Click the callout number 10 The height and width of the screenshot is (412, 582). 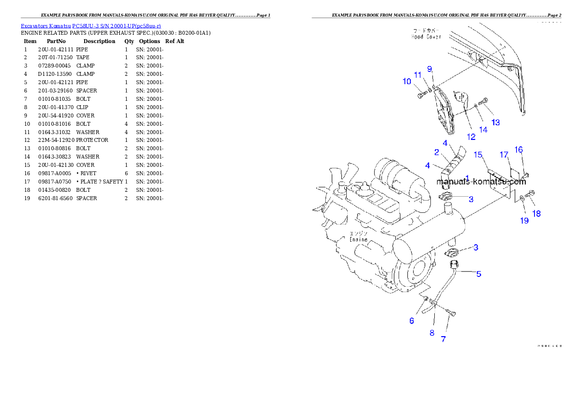[407, 82]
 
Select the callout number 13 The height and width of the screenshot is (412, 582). [495, 122]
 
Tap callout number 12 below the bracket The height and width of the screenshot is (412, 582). [471, 137]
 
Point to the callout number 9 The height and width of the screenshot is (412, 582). [429, 69]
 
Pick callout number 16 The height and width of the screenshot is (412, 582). [518, 150]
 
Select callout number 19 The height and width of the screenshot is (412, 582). [524, 221]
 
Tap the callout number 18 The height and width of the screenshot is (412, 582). [537, 214]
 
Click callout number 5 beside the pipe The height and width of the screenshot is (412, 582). [479, 274]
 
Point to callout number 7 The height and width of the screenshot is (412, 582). [443, 339]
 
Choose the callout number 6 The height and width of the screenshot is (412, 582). [412, 321]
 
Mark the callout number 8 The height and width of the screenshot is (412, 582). [432, 333]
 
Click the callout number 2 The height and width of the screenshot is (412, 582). [436, 152]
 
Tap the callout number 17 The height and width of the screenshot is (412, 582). [504, 155]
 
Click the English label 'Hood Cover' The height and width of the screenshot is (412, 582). [426, 37]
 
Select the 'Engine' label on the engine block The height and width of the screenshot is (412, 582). [358, 240]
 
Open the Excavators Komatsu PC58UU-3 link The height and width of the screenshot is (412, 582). [90, 25]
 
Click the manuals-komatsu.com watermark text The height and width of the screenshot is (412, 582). [481, 182]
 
